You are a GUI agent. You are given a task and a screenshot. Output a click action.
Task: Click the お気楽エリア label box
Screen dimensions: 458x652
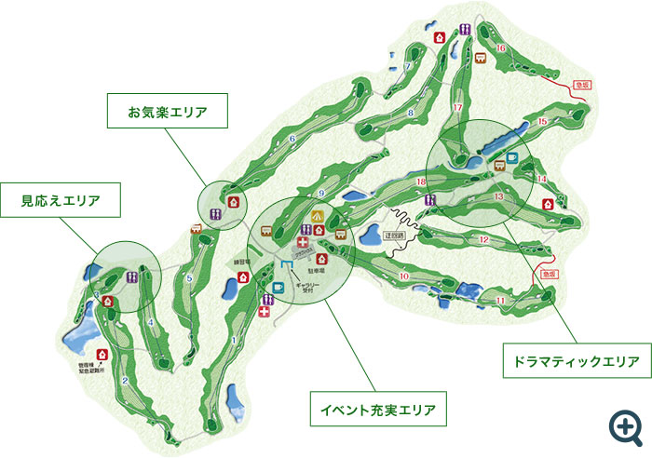[x=167, y=113]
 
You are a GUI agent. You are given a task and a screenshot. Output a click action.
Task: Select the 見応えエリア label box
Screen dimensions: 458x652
[x=61, y=200]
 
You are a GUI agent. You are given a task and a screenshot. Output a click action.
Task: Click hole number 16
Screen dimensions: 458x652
[x=501, y=48]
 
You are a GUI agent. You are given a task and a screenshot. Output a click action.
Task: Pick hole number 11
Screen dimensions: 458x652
[x=500, y=300]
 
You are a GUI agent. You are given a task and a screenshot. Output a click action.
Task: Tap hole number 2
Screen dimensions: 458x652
[x=124, y=381]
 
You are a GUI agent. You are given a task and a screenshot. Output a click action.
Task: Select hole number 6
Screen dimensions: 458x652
[x=292, y=140]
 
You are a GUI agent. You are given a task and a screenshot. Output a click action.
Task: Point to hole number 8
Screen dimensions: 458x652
[x=411, y=114]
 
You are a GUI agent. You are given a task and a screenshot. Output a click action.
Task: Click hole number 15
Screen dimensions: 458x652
[x=542, y=122]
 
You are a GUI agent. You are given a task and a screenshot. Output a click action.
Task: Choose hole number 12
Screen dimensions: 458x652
[x=484, y=240]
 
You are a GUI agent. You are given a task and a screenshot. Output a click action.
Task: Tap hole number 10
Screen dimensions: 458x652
[x=404, y=276]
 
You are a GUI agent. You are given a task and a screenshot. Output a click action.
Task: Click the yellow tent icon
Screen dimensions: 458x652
[x=318, y=216]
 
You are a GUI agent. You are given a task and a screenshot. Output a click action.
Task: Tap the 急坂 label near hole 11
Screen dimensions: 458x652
[x=549, y=276]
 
